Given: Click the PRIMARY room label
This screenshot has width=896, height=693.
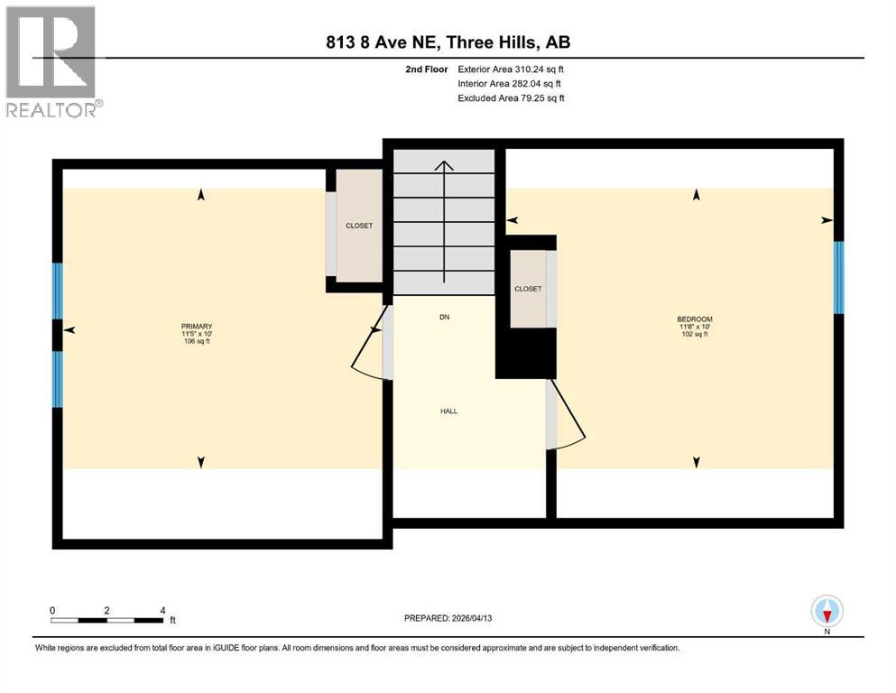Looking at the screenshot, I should (x=197, y=326).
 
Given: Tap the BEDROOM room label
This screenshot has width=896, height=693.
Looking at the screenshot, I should (x=695, y=319).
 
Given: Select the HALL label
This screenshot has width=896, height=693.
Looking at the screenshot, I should (x=448, y=411).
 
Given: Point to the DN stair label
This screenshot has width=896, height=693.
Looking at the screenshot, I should (x=444, y=317).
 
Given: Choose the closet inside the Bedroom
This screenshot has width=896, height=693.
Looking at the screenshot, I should (x=528, y=289).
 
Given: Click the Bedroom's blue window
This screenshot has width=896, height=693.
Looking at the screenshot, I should (x=838, y=277).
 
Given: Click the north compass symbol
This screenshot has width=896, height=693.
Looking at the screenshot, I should (x=827, y=612).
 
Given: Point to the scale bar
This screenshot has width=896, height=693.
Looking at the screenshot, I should (x=107, y=620).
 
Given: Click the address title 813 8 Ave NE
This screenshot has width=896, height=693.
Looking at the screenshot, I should (x=448, y=42).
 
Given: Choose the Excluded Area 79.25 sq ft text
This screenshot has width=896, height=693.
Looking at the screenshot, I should (x=511, y=97).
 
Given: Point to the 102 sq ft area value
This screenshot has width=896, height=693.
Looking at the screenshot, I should (x=695, y=334).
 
